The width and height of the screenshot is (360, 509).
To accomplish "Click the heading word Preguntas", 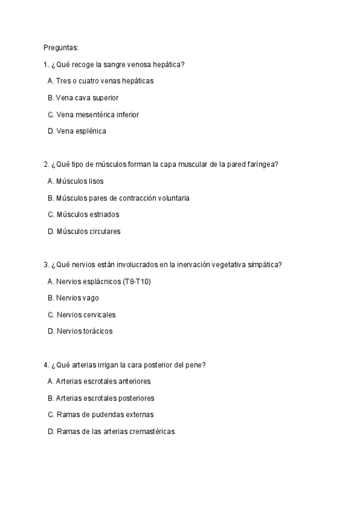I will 61,47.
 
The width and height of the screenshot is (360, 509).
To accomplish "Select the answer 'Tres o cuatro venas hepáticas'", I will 104,80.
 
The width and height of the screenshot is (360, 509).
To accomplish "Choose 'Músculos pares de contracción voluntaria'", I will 118,197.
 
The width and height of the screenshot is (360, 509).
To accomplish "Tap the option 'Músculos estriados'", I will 83,214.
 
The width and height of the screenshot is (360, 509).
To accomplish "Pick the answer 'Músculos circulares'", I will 84,231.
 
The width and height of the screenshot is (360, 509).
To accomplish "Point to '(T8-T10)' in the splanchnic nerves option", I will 137,281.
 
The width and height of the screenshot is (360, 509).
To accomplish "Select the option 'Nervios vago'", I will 73,298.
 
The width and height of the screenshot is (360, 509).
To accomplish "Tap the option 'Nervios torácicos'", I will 80,331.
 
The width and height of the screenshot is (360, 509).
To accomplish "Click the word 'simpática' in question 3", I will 265,264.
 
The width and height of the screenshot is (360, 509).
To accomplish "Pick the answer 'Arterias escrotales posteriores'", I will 100,398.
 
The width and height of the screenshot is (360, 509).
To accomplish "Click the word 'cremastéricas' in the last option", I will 151,432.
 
